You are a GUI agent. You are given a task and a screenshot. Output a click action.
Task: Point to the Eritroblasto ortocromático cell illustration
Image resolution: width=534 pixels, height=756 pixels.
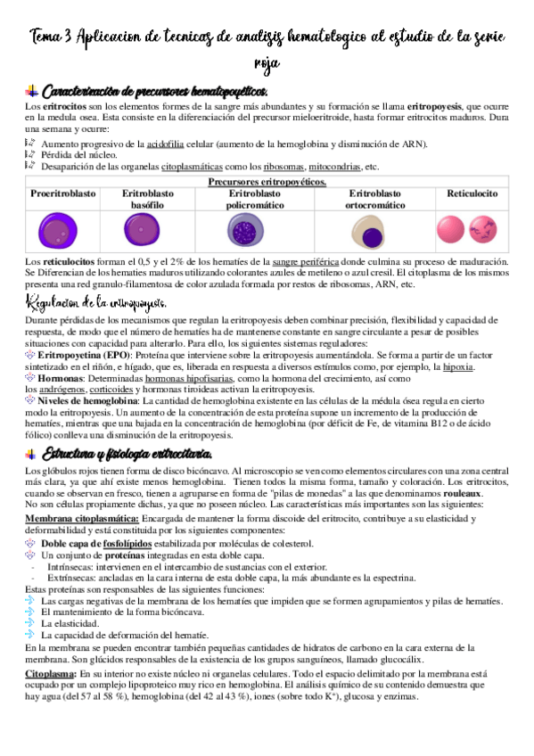[x=372, y=232]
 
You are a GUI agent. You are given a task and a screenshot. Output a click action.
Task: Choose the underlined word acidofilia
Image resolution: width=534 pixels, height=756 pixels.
[x=167, y=144]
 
